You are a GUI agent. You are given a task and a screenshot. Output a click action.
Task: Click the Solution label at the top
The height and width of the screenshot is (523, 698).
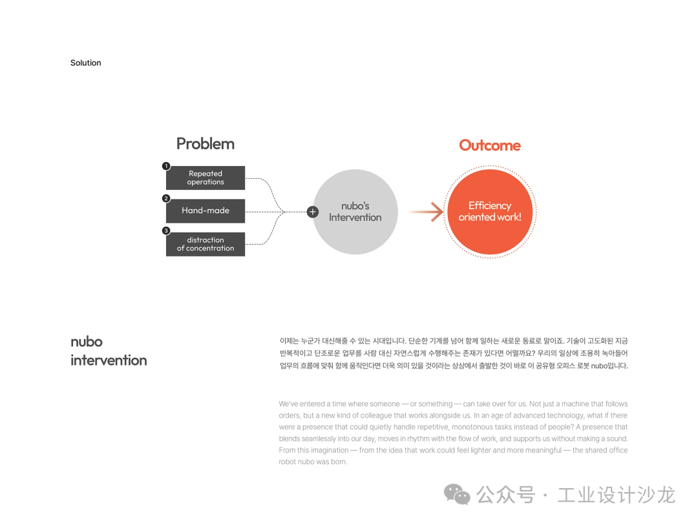pos(85,63)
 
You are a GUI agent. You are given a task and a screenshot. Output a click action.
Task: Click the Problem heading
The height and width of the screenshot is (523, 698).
pos(205,143)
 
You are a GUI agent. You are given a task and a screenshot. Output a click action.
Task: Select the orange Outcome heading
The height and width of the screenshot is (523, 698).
pos(489,145)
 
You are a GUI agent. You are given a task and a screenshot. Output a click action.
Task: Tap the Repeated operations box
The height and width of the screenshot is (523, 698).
pos(206,178)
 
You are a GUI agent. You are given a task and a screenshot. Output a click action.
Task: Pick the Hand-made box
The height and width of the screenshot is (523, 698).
pos(206,210)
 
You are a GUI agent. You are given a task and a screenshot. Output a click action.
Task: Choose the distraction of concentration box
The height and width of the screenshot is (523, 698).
pos(206,244)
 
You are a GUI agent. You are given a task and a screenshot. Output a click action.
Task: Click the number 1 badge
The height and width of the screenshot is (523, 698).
pos(166,166)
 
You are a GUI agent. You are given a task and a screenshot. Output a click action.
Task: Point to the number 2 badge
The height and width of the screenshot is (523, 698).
pos(166,199)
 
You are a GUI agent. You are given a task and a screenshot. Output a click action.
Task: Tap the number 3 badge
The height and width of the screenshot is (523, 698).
pos(166,231)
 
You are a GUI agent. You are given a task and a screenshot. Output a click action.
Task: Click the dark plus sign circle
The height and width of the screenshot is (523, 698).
pos(313,211)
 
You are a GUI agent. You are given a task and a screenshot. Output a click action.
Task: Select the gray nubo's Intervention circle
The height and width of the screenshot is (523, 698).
pos(355,212)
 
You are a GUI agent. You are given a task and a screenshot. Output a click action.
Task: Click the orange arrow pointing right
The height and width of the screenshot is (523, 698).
pos(426,211)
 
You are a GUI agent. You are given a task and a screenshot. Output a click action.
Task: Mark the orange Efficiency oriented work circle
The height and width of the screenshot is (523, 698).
pos(489,211)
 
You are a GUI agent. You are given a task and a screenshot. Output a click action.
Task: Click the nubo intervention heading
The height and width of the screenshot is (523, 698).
pos(108,351)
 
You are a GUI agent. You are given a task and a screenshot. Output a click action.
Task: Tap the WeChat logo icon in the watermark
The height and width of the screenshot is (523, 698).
pos(457,495)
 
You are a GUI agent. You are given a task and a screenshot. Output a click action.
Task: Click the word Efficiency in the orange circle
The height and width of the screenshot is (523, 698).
pos(489,205)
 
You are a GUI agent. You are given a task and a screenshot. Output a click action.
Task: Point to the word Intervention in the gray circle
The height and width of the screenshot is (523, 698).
pos(355,218)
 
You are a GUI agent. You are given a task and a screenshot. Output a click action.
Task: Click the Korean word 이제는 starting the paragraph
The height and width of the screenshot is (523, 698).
pos(290,341)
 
